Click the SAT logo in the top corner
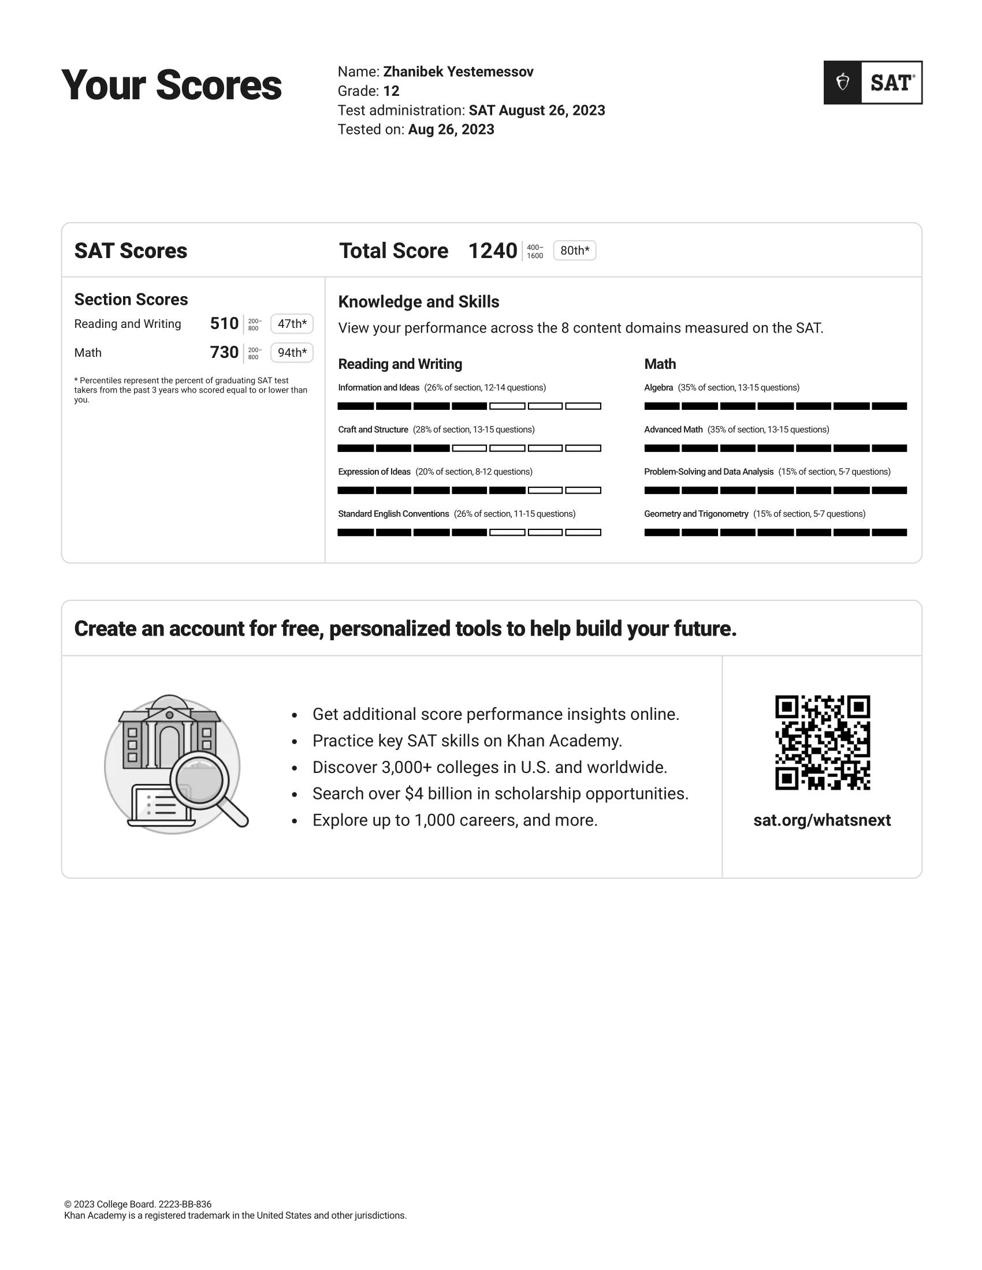[873, 83]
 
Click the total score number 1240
[492, 251]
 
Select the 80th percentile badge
[574, 251]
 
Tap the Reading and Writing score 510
[224, 323]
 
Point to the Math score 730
[224, 352]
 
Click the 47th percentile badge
[292, 324]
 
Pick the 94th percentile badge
[292, 352]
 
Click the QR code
[822, 742]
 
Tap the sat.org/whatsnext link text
[821, 820]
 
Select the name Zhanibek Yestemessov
[458, 72]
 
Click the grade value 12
[391, 91]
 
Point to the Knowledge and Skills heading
[418, 302]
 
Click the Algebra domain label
[658, 387]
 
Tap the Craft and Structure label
[373, 429]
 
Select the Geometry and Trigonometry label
[696, 514]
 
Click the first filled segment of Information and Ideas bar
[355, 406]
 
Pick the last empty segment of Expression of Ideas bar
[583, 490]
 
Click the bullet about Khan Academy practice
[467, 741]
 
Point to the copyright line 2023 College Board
[138, 1204]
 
